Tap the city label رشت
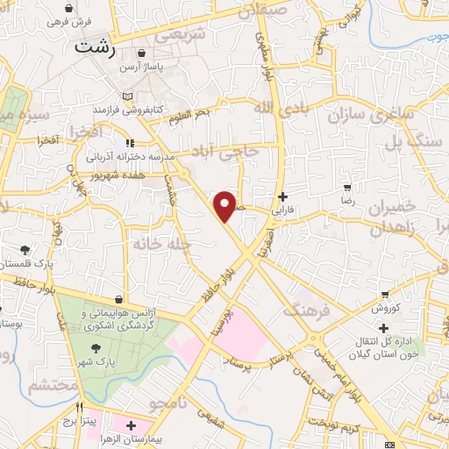coord(96,48)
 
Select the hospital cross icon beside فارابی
coord(281,196)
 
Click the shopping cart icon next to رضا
coord(347,188)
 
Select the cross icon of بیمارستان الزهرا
coord(131,424)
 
